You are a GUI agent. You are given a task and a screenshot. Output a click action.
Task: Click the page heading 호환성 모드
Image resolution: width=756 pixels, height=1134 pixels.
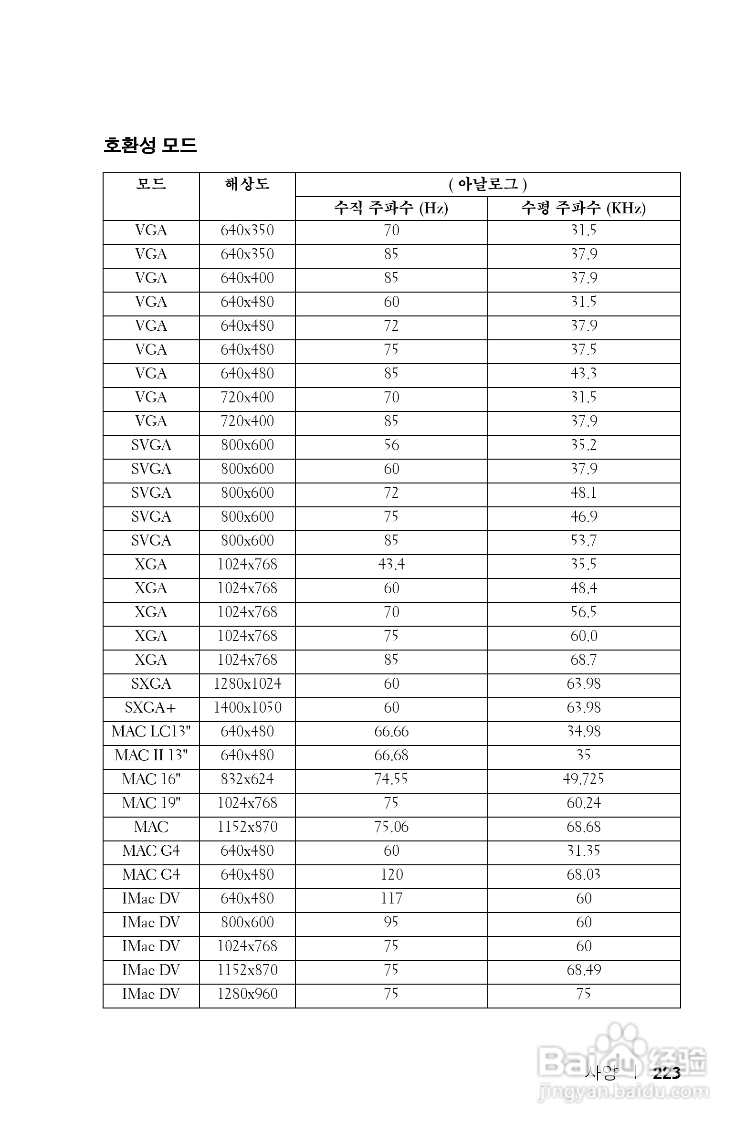(x=150, y=145)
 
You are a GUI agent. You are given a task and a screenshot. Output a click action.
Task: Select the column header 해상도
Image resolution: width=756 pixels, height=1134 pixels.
(x=247, y=184)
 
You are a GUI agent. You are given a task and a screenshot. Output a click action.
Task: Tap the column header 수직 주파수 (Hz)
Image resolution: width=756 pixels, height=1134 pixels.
(x=391, y=208)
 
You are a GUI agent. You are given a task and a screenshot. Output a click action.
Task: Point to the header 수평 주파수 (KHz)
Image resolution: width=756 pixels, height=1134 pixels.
(x=583, y=208)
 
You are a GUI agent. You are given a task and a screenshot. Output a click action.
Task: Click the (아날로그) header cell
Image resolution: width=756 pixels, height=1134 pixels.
(x=487, y=184)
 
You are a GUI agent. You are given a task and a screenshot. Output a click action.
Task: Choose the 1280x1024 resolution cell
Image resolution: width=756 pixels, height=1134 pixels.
(x=247, y=683)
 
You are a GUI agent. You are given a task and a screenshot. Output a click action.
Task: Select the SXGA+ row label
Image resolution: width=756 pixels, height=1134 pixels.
(x=150, y=708)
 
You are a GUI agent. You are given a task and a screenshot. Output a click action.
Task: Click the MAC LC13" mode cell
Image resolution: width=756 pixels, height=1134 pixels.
(x=151, y=731)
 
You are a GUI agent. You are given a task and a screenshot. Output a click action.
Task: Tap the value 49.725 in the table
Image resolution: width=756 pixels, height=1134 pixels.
(x=583, y=779)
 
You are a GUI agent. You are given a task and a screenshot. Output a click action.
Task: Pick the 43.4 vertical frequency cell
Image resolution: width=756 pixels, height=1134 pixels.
(x=391, y=564)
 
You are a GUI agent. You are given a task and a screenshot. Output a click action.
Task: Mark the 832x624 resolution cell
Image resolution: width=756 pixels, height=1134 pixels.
(x=247, y=779)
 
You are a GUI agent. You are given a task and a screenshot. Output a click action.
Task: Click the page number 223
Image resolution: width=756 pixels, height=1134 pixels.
(x=666, y=1073)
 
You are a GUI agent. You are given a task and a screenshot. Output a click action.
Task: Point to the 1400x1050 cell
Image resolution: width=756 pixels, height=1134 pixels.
(x=247, y=708)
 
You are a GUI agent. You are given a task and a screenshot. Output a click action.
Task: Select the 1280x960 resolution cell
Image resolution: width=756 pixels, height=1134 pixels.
(x=247, y=994)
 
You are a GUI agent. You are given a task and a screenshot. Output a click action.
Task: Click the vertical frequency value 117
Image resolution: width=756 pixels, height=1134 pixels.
(x=391, y=899)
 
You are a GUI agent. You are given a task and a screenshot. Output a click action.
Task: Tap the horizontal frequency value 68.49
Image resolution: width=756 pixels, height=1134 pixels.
(x=583, y=970)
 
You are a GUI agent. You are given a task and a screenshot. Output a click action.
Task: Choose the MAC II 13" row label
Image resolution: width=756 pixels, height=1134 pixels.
(x=151, y=756)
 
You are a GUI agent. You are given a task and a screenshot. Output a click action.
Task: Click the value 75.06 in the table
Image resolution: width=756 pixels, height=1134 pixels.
(x=391, y=827)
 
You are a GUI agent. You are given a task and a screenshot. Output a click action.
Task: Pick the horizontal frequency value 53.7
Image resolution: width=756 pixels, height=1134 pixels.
(x=583, y=540)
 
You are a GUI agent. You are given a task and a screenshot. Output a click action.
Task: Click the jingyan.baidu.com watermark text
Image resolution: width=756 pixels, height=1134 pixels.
(x=623, y=1092)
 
